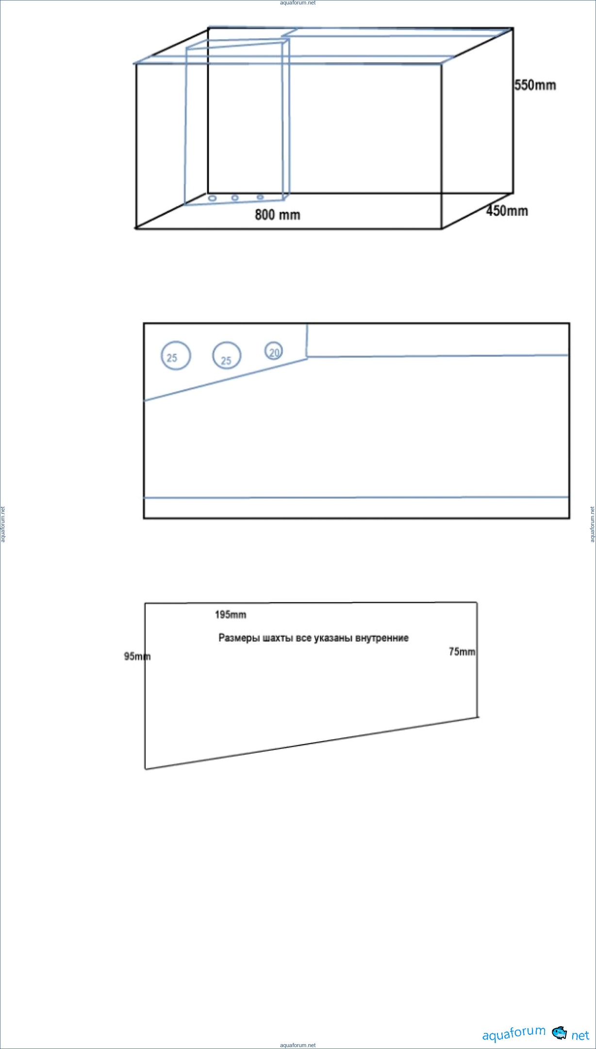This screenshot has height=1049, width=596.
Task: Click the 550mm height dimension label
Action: point(535,85)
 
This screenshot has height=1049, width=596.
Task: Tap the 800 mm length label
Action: point(278,214)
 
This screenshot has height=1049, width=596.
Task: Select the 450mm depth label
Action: point(507,210)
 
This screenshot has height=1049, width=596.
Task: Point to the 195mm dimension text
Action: point(231,614)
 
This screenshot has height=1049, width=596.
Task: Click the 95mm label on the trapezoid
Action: point(137,656)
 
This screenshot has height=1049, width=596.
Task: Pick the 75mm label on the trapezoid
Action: point(462,651)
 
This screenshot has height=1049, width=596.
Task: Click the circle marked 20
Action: point(274,351)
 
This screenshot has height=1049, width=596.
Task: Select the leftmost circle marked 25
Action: point(176,355)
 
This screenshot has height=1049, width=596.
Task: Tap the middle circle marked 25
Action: point(227,355)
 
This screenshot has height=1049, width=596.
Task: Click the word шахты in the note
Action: point(278,638)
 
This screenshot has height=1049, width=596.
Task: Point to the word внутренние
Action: point(382,638)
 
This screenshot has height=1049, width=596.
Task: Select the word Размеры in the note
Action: point(239,638)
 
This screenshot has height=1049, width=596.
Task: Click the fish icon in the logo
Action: point(560,1032)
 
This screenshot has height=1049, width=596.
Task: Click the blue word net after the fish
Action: point(580,1035)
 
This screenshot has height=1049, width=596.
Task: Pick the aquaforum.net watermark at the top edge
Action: point(298,3)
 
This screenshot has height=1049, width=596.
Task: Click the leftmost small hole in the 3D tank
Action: point(212,198)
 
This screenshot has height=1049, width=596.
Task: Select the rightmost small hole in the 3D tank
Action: point(260,197)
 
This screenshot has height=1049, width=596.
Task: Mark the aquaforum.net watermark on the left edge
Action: point(3,524)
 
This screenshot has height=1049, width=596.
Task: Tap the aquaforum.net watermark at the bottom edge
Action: point(298,1045)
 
